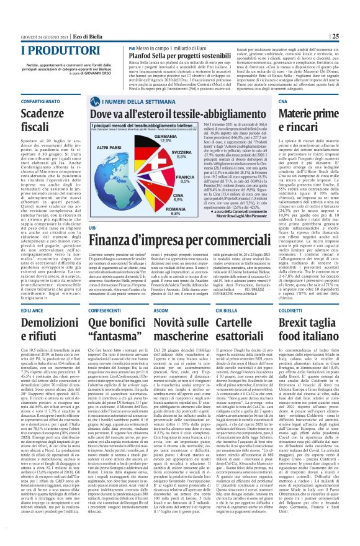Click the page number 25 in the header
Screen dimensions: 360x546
coord(352,5)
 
